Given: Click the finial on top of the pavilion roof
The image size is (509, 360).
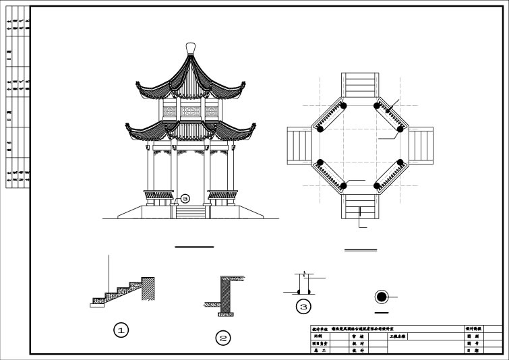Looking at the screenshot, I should (x=190, y=48).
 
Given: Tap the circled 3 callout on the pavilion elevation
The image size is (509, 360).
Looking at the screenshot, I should (x=185, y=199).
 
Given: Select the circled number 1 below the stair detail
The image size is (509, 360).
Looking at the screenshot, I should (x=121, y=330).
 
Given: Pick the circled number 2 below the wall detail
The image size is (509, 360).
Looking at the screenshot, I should (x=223, y=338).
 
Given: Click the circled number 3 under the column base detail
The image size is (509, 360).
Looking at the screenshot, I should (x=303, y=307).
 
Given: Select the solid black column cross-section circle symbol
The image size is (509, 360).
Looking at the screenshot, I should (x=382, y=297).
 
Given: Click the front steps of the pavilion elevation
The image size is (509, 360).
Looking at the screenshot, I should (x=190, y=212).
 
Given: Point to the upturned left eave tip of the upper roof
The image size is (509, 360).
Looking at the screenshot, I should (x=139, y=85).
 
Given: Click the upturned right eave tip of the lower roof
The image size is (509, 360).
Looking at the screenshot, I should (x=254, y=125).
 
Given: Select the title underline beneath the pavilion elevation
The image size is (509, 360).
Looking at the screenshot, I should (x=194, y=247).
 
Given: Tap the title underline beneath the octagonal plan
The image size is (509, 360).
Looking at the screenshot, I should (x=361, y=250).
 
